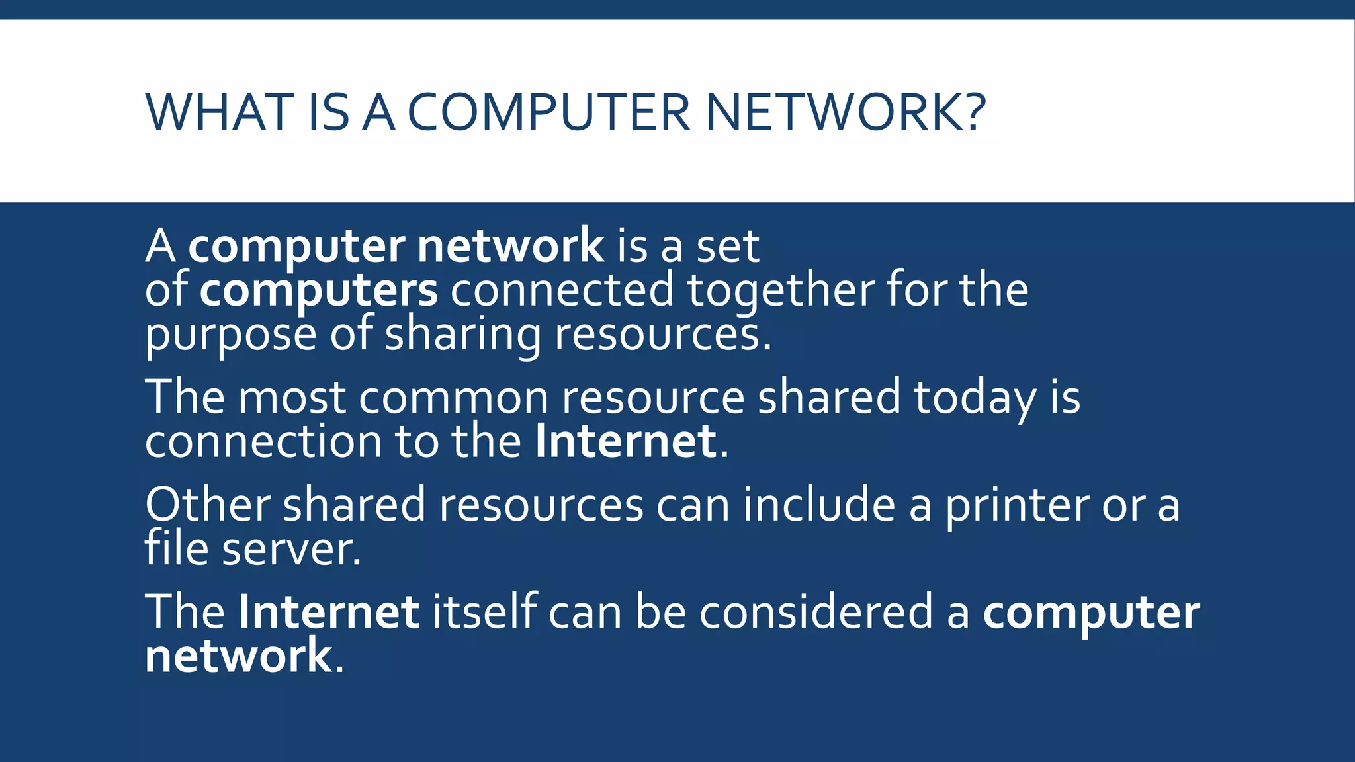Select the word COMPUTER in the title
[549, 112]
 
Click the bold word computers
[318, 290]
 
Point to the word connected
[562, 290]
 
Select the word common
[453, 398]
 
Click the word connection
[263, 441]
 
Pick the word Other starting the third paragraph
[207, 505]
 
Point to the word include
[818, 505]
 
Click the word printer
[1016, 505]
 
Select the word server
[291, 550]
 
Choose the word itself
[484, 612]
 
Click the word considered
[816, 612]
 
